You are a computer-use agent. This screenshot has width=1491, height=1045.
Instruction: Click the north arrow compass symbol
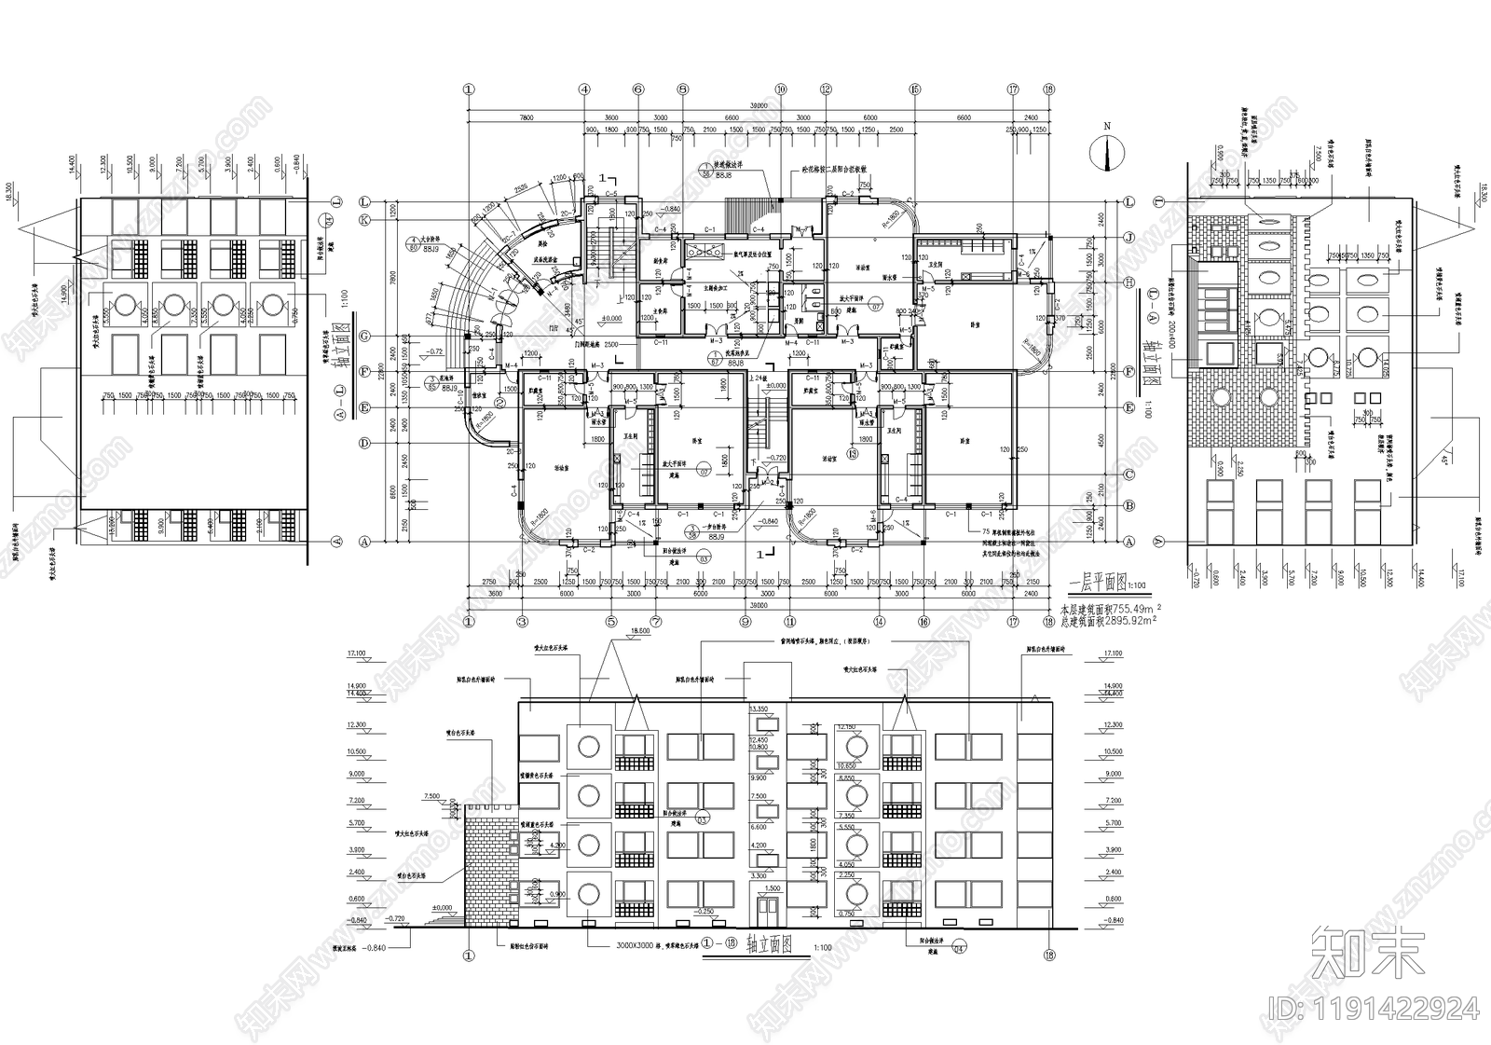point(1106,153)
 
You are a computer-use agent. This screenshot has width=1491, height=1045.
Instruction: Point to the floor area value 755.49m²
point(1133,606)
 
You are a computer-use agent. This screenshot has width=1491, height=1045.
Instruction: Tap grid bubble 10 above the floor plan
point(781,89)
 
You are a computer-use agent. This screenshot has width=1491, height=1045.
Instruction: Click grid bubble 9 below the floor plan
point(745,621)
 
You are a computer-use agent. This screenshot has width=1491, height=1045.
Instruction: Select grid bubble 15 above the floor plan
point(915,89)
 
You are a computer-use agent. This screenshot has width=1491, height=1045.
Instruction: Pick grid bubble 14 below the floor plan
point(878,621)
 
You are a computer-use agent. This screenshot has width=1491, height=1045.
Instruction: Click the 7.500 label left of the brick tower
point(431,797)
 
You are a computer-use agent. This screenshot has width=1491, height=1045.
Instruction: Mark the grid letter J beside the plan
point(1129,236)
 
